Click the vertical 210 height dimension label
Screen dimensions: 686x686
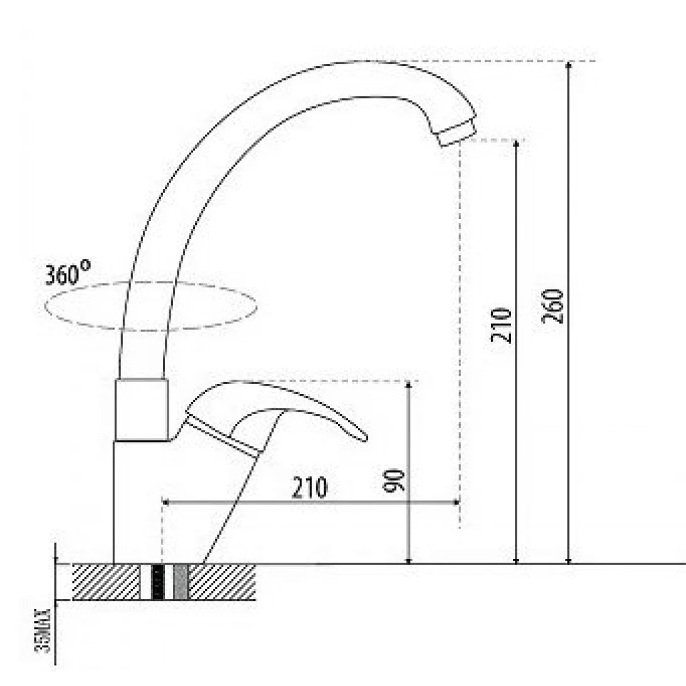click(x=502, y=325)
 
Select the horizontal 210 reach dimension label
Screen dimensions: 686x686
click(x=310, y=488)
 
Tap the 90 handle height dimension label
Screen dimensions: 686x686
click(x=395, y=480)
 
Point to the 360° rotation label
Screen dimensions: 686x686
click(x=67, y=275)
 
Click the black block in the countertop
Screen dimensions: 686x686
click(x=159, y=582)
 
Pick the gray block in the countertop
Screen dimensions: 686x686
click(x=181, y=582)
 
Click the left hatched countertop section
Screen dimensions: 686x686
click(x=106, y=582)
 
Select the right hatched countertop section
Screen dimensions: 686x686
click(x=222, y=582)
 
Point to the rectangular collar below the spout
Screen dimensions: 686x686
click(x=142, y=410)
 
